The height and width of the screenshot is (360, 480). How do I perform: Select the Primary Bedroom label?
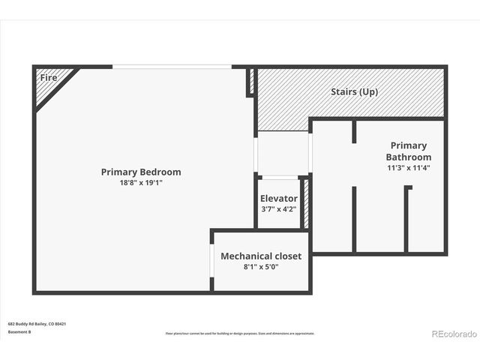tap(141, 172)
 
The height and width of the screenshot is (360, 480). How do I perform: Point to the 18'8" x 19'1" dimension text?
tap(141, 183)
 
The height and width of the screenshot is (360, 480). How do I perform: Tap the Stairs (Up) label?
tap(354, 92)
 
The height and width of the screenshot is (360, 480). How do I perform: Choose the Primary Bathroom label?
tap(409, 151)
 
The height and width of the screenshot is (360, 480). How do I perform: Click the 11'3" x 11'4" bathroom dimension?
tap(409, 168)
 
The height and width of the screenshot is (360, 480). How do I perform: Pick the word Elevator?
tap(279, 199)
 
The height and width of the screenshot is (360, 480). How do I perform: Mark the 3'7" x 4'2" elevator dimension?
tap(279, 209)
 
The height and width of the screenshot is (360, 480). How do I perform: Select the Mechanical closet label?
tap(261, 256)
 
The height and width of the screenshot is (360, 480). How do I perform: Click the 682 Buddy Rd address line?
tap(37, 324)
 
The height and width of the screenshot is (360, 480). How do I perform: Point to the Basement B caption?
tap(19, 331)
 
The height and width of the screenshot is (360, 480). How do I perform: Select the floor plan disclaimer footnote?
tap(240, 334)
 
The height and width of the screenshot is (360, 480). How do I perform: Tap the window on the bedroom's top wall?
tap(172, 67)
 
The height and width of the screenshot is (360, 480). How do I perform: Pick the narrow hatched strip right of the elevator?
tap(306, 202)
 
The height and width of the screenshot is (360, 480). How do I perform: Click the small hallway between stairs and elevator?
tap(283, 154)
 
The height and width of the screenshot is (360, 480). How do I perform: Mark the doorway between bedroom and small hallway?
tap(256, 154)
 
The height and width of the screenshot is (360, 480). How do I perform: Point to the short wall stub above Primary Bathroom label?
tap(353, 130)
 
